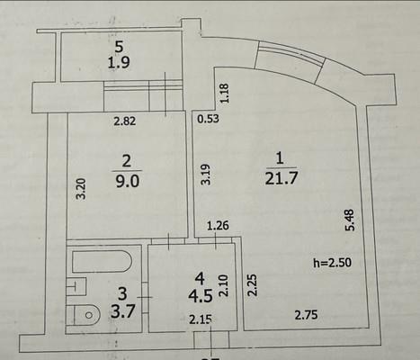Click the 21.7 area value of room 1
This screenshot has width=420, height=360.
pyautogui.click(x=281, y=178)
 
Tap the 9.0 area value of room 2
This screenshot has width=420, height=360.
pyautogui.click(x=128, y=181)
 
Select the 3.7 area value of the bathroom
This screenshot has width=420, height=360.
pyautogui.click(x=122, y=312)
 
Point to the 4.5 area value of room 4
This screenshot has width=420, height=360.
pyautogui.click(x=201, y=295)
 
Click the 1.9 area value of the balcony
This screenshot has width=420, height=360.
pyautogui.click(x=119, y=63)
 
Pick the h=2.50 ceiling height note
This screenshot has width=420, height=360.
pyautogui.click(x=332, y=263)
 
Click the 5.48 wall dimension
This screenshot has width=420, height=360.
pyautogui.click(x=350, y=220)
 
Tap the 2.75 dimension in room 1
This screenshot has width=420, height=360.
pyautogui.click(x=306, y=315)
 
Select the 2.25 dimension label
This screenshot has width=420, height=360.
pyautogui.click(x=253, y=285)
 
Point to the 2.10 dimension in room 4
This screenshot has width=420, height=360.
pyautogui.click(x=224, y=285)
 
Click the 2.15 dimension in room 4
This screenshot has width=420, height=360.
pyautogui.click(x=201, y=319)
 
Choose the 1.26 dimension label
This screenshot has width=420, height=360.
pyautogui.click(x=219, y=225)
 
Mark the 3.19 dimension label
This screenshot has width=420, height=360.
pyautogui.click(x=206, y=175)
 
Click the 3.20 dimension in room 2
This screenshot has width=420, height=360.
pyautogui.click(x=82, y=189)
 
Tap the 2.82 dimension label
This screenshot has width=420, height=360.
pyautogui.click(x=125, y=121)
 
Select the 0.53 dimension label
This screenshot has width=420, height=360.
pyautogui.click(x=209, y=119)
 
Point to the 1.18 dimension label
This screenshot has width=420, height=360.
pyautogui.click(x=225, y=94)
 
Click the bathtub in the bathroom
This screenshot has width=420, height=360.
pyautogui.click(x=102, y=261)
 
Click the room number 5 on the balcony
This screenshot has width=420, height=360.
pyautogui.click(x=119, y=47)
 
